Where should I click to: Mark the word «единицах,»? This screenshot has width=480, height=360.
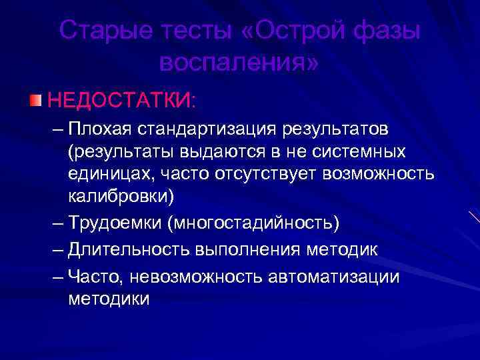pos(105,175)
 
